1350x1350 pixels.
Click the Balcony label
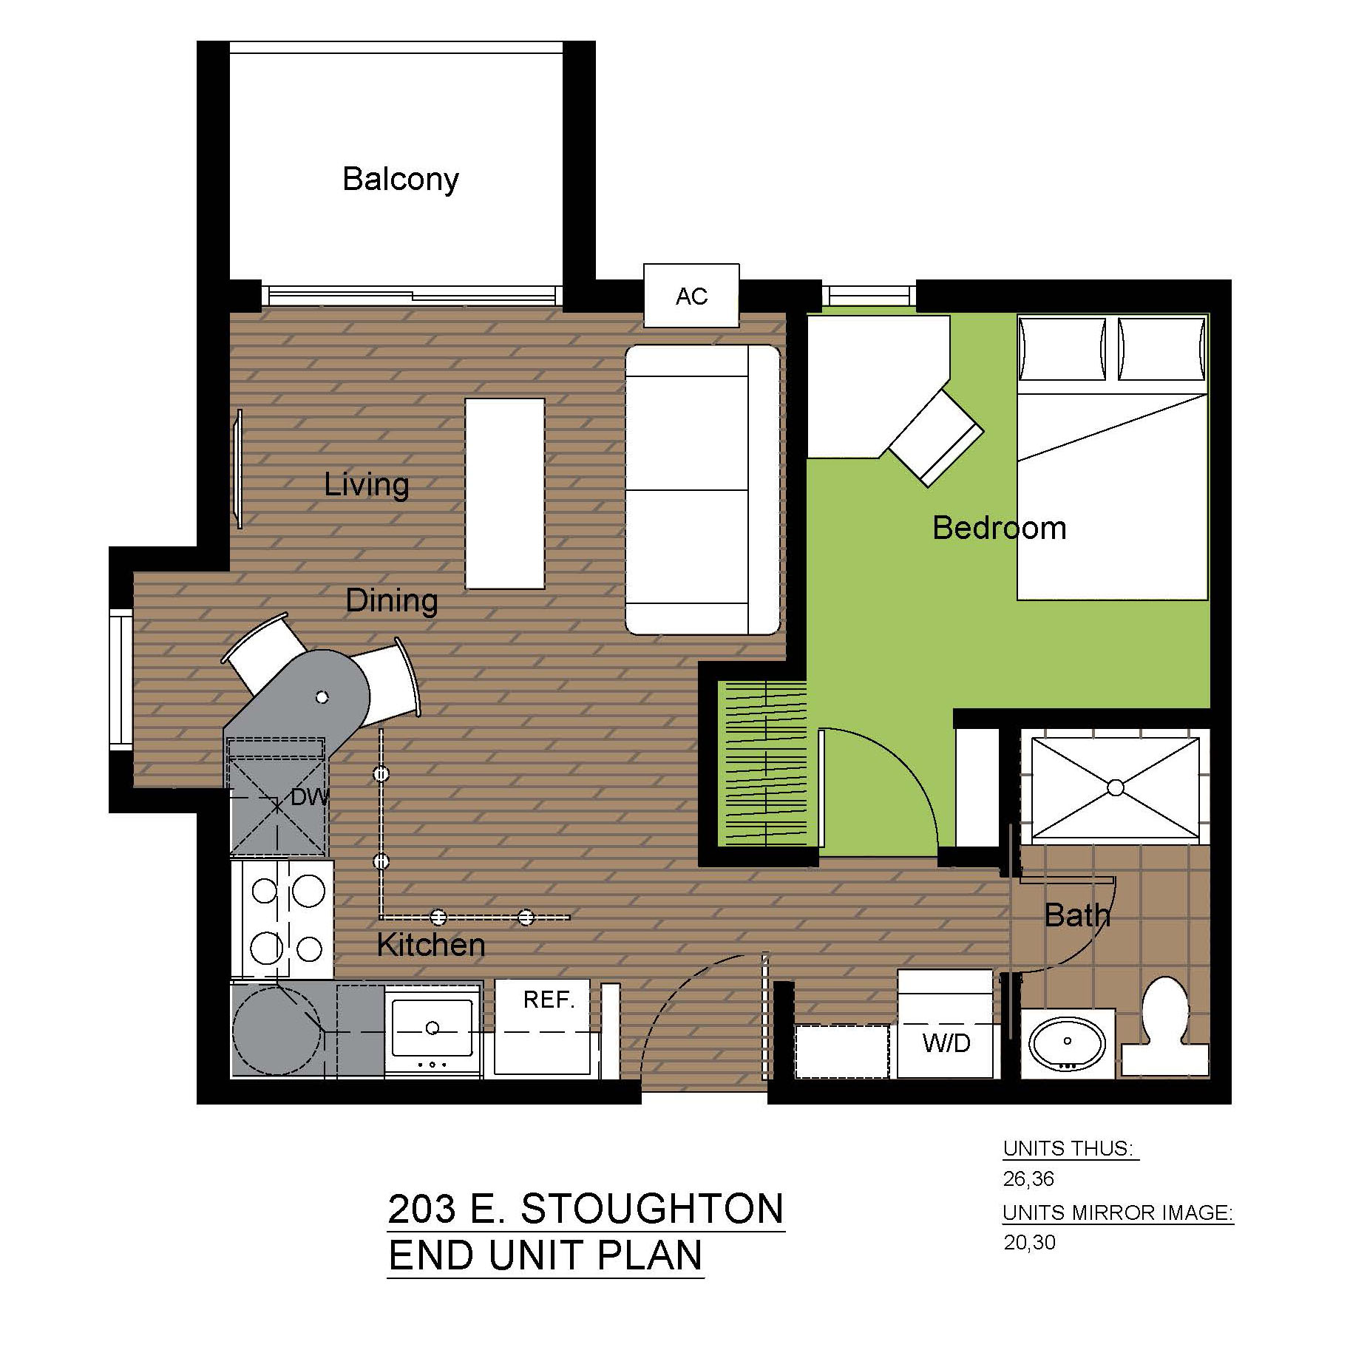(x=401, y=180)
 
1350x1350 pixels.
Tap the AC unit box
(x=691, y=295)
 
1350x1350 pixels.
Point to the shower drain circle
(x=1116, y=787)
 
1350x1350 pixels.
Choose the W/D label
(x=946, y=1043)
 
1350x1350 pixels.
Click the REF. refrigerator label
(x=549, y=1000)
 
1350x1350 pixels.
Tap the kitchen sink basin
(x=433, y=1028)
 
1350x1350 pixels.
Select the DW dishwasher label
(x=310, y=797)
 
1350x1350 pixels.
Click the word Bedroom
(x=1000, y=528)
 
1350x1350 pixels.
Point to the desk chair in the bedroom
(x=936, y=438)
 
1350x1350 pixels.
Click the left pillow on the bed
(x=1062, y=349)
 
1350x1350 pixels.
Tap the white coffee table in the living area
(x=505, y=494)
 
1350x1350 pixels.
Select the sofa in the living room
(x=702, y=489)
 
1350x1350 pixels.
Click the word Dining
(x=392, y=601)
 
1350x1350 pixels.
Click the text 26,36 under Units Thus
(x=1028, y=1178)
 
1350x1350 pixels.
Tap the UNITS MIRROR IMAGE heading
(x=1118, y=1212)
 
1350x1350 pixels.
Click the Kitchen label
(x=431, y=945)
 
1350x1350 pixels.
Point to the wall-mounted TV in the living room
(x=238, y=469)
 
